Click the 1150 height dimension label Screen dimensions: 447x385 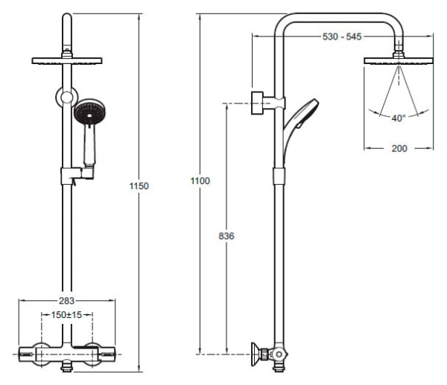coord(139,186)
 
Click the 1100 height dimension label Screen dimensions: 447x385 coord(200,181)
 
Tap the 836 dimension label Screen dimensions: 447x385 coord(226,236)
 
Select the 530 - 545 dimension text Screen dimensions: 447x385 coord(342,36)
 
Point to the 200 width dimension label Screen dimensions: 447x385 coord(399,148)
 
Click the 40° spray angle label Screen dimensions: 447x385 coord(399,118)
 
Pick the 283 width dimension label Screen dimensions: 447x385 coord(66,301)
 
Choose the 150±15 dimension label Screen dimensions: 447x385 coord(66,315)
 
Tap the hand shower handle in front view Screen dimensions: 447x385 coord(90,145)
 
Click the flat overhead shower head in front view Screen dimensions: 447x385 coord(67,61)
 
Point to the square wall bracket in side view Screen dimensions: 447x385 coord(257,103)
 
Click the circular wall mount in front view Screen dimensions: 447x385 coord(67,97)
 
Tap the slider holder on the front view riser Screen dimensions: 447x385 coord(77,174)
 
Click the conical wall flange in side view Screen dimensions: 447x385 coord(255,354)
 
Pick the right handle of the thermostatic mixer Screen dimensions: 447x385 coord(108,354)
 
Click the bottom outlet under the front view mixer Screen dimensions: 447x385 coord(67,366)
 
